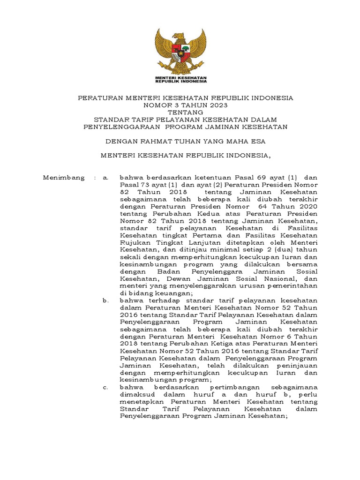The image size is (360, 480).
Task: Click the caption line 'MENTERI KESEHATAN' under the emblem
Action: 180,77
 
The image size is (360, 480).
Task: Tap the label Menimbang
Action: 64,178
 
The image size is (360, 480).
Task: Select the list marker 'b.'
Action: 105,300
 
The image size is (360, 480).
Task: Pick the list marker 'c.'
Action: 105,388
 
